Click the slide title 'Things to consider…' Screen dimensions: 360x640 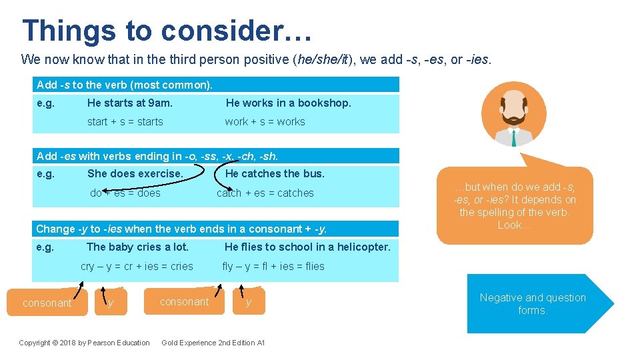(167, 30)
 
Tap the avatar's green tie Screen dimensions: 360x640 (513, 137)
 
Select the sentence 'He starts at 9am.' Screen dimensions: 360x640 (130, 103)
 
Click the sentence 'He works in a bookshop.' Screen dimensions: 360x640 (288, 103)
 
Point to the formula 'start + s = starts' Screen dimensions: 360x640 (125, 121)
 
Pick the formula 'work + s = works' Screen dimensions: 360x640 (265, 121)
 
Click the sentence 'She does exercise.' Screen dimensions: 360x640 (135, 173)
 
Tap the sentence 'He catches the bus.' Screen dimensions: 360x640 (275, 173)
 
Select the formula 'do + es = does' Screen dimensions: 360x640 (125, 193)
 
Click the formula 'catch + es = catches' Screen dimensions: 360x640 (265, 193)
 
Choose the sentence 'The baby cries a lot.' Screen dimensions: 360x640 (137, 247)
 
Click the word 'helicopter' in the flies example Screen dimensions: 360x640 (364, 247)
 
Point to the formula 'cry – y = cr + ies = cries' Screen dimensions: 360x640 (137, 266)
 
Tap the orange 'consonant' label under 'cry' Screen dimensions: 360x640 (47, 303)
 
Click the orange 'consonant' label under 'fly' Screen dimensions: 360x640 (184, 301)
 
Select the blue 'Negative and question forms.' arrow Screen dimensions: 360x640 (533, 303)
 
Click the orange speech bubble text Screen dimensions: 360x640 (514, 206)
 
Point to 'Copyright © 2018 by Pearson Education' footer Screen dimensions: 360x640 (84, 343)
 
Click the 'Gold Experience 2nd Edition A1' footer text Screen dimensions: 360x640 (213, 343)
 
